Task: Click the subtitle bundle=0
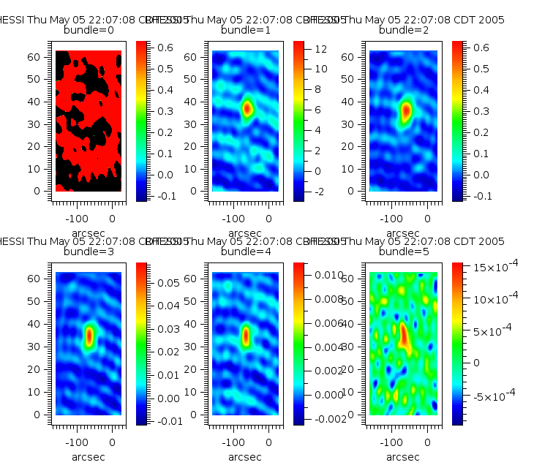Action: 89,30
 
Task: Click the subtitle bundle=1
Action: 245,30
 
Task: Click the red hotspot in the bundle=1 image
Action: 247,109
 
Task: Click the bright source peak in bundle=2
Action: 406,110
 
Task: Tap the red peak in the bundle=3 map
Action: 89,336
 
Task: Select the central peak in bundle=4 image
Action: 246,336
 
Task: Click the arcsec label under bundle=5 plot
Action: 402,457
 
